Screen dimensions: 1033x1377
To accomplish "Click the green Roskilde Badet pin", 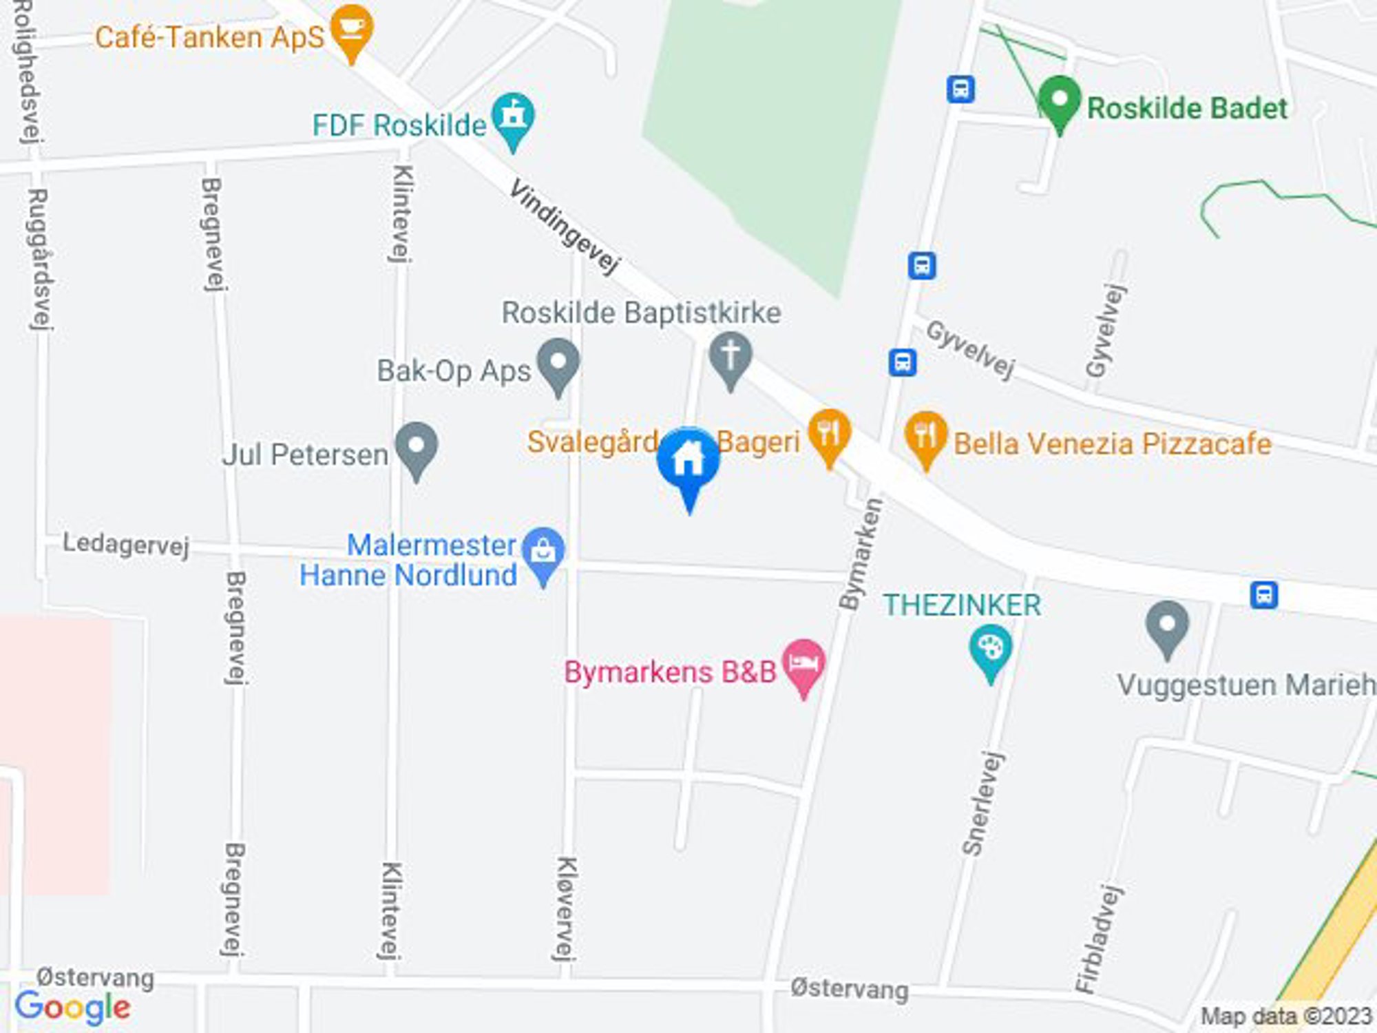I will (1060, 103).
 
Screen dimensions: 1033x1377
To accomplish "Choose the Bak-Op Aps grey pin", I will (558, 363).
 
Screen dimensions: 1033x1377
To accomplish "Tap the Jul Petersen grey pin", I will (417, 448).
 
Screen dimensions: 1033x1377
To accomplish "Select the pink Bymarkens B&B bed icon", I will (803, 665).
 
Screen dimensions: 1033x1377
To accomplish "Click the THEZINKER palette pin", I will (990, 649).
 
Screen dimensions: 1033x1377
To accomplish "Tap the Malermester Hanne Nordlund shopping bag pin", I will (543, 552).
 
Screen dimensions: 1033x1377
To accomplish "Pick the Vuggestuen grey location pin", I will (1168, 627).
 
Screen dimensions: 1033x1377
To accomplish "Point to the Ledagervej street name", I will (126, 544).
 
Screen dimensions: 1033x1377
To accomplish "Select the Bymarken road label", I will (861, 554).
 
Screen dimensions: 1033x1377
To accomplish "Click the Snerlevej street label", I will (983, 803).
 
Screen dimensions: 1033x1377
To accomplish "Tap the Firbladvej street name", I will (1099, 938).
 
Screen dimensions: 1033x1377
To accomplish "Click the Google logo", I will (73, 1008).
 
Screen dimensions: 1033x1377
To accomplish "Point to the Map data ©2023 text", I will (1286, 1016).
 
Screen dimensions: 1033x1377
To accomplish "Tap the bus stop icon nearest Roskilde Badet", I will (960, 89).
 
